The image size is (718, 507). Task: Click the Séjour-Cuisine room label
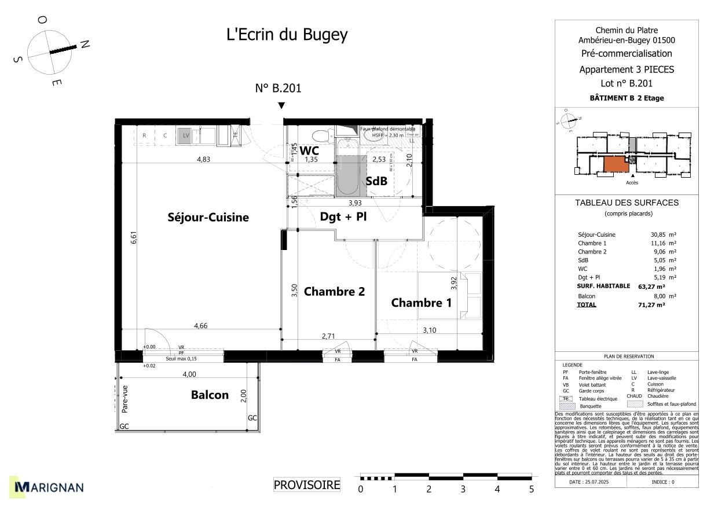pos(208,218)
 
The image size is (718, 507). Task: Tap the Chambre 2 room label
pos(334,291)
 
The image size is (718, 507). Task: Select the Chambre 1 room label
pos(421,303)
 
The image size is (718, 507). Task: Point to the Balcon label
pos(210,395)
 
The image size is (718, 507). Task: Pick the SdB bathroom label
pos(376,181)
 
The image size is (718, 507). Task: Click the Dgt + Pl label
pos(343,217)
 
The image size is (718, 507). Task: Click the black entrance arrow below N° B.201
pos(281,105)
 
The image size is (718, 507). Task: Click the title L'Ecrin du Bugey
pos(287,35)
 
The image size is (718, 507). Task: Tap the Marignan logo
pos(49,487)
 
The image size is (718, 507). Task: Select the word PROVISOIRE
pos(307,485)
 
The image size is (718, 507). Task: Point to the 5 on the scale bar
pos(531,490)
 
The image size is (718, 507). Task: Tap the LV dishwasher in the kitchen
pos(185,135)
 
